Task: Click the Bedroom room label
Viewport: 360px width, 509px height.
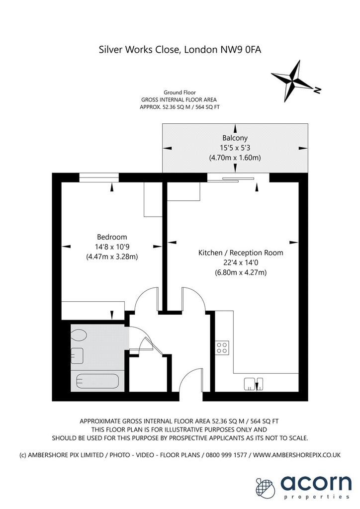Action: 112,237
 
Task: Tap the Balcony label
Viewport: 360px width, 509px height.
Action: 235,138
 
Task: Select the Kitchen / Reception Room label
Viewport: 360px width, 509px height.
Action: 241,253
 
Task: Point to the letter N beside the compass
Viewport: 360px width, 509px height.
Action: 317,90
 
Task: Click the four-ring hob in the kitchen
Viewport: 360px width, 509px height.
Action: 222,347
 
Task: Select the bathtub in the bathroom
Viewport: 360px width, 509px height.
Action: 97,381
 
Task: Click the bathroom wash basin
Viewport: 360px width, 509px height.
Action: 77,355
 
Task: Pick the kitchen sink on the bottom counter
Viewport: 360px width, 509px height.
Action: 254,384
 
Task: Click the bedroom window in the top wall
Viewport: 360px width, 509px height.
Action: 99,177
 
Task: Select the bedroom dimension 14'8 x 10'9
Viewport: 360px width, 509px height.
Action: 112,247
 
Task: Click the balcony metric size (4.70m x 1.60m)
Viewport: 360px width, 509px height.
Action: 235,158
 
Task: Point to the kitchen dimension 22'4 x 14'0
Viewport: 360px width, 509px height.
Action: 241,262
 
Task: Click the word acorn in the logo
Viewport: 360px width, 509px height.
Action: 316,483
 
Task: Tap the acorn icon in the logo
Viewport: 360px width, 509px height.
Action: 266,487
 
